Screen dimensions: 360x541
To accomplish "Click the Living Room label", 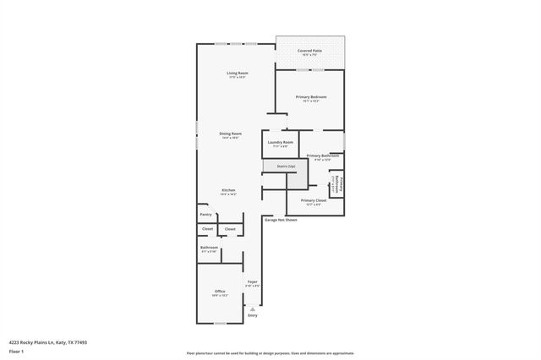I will tap(237, 74).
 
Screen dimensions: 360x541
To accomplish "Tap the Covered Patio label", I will tap(309, 51).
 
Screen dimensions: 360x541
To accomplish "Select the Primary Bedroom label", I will tap(310, 97).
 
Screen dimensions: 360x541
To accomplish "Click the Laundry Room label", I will tap(281, 142).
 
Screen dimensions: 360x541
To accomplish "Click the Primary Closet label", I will tap(314, 200).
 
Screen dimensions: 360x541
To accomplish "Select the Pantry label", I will tap(206, 215).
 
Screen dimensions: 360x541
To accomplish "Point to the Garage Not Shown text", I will tap(281, 220).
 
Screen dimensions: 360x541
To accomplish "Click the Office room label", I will tap(220, 292).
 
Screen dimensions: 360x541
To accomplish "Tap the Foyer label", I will tap(252, 282).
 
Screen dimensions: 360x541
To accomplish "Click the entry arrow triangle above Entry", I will tap(252, 309).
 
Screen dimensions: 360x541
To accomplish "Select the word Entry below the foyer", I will tap(252, 316).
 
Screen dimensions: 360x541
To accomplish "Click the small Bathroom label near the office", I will tap(209, 248).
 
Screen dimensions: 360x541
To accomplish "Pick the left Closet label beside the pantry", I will tap(207, 229).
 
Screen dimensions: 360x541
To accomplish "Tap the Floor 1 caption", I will tap(16, 351).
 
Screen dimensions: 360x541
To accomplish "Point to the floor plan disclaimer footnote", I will tap(270, 353).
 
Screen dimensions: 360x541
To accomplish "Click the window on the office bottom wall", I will tap(219, 323).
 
